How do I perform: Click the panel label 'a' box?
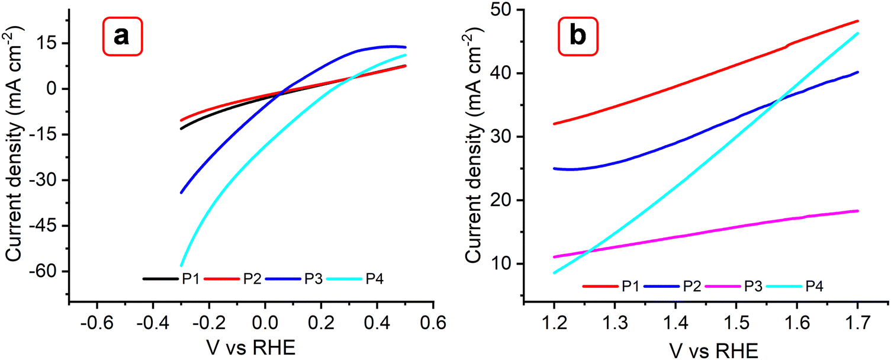pyautogui.click(x=121, y=37)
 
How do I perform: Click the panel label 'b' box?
pyautogui.click(x=577, y=37)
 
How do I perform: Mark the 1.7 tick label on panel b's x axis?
pyautogui.click(x=857, y=323)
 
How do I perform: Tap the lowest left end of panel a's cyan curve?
pyautogui.click(x=182, y=265)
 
